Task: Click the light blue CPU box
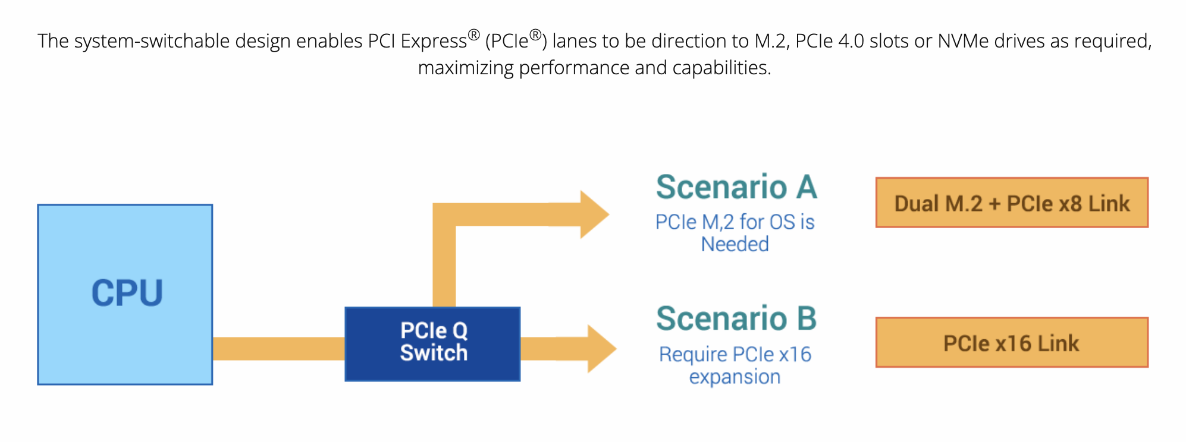coord(125,294)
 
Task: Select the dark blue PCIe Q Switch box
coord(432,343)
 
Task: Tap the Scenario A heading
coord(736,187)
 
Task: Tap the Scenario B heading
coord(736,318)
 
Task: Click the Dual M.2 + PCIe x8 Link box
coord(1011,203)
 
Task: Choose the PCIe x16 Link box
coord(1011,343)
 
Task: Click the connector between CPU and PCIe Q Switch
coord(278,349)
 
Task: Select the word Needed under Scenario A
coord(735,244)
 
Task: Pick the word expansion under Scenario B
coord(735,377)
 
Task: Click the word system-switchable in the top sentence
coord(152,41)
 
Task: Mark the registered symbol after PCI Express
coord(473,34)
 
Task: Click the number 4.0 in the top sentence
coord(851,41)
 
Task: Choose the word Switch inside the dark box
coord(434,353)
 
